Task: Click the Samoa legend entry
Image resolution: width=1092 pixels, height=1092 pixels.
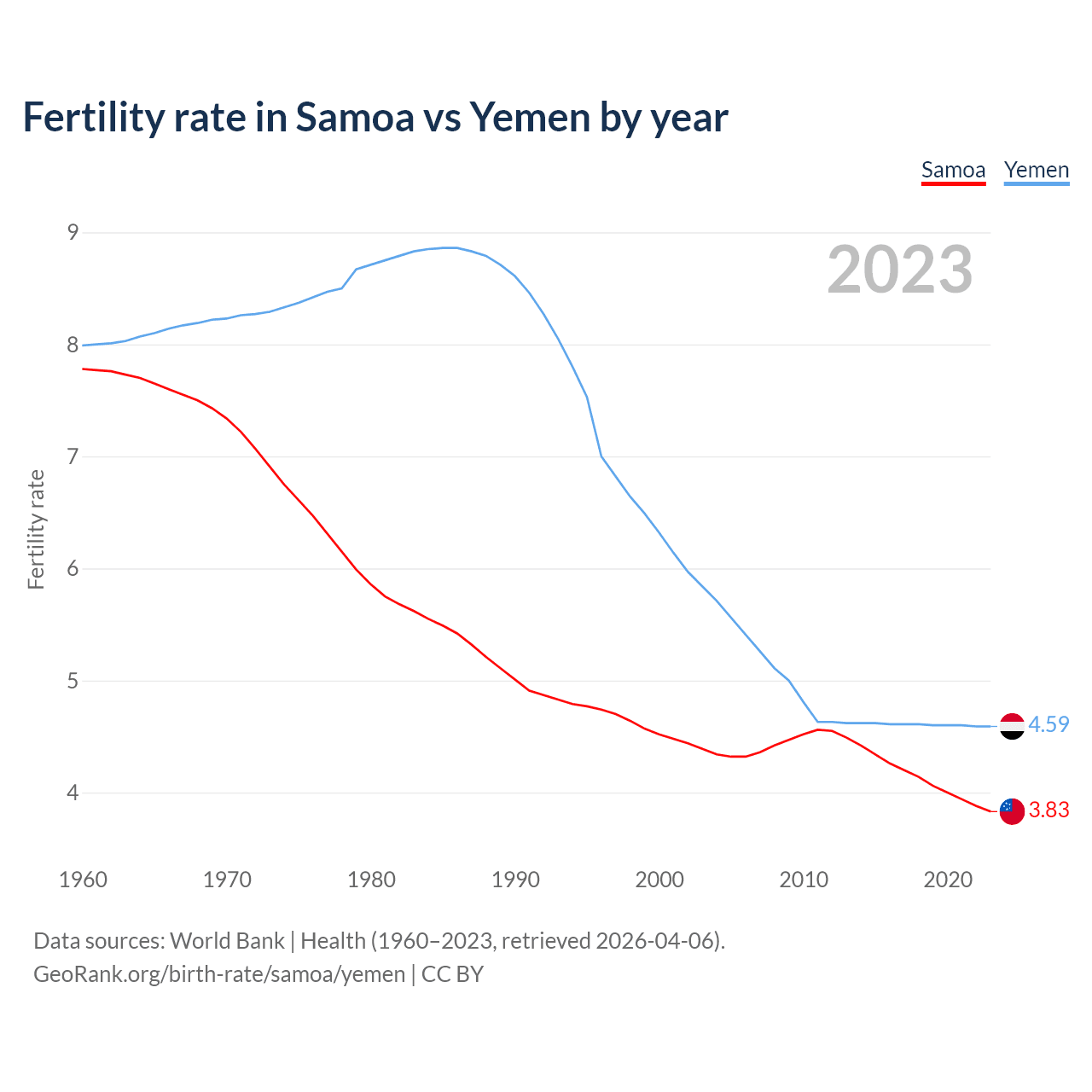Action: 953,171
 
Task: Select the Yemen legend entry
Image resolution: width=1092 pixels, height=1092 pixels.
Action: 1036,171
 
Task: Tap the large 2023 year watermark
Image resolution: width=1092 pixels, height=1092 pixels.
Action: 899,270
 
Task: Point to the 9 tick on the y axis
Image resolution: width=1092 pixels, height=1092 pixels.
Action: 73,232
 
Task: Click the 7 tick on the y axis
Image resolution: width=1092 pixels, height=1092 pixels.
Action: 73,456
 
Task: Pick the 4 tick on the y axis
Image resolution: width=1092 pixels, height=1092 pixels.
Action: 73,793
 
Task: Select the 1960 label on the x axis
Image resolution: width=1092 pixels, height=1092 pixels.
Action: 83,880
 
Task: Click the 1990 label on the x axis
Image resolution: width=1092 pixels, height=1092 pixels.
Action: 515,880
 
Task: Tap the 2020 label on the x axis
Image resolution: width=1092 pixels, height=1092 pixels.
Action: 948,880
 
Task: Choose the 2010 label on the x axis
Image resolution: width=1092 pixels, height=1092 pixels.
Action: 804,880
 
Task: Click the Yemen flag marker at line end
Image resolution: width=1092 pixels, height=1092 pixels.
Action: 1012,726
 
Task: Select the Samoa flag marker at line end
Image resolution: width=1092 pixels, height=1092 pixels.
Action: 1012,811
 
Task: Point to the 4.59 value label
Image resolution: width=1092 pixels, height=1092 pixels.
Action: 1048,724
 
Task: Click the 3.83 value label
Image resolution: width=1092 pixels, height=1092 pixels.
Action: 1048,810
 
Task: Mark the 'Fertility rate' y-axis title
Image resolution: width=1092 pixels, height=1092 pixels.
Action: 36,529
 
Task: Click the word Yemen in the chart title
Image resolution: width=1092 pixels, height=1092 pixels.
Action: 529,117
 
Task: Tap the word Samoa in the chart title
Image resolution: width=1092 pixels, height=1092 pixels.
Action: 354,117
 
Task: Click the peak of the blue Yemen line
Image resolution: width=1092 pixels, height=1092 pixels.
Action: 450,247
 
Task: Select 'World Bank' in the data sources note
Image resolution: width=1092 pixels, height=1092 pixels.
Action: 227,941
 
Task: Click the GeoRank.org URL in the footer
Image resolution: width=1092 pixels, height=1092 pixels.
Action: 219,974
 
